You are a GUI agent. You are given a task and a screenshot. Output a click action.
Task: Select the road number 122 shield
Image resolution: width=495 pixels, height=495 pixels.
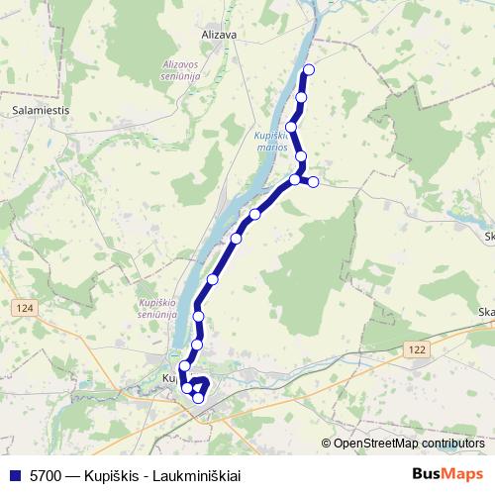click(415, 349)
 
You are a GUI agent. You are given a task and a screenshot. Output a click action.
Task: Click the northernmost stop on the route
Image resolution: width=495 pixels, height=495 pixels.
click(309, 69)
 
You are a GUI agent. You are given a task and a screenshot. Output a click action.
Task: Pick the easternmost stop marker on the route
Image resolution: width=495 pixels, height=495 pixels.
click(313, 181)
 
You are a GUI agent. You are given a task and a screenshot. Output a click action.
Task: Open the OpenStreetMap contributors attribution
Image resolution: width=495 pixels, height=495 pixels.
click(407, 444)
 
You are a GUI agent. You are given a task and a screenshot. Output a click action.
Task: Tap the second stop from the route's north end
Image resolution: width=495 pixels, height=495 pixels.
click(301, 97)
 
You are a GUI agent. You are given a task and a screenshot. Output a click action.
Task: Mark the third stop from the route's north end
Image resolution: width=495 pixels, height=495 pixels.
click(292, 127)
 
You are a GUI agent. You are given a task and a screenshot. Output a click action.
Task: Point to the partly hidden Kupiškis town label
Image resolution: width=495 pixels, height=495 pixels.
click(169, 378)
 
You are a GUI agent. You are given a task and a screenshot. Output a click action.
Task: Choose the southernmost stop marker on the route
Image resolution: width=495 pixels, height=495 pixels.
click(198, 398)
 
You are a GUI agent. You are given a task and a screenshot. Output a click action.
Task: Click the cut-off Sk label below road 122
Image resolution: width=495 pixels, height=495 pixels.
click(487, 314)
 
